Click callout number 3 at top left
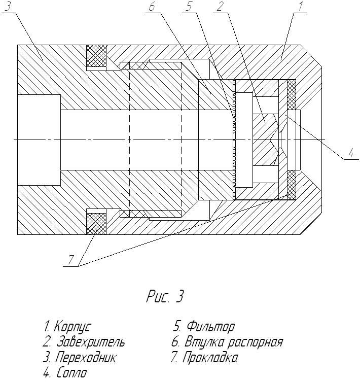point(8,6)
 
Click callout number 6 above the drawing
point(152,7)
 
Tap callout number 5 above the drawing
point(189,7)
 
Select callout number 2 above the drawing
point(220,7)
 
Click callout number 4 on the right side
point(351,153)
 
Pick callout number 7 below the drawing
point(70,260)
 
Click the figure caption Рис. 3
point(165,296)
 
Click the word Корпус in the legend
point(73,327)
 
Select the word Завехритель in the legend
point(91,341)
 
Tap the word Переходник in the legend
point(86,358)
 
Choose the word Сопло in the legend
point(72,373)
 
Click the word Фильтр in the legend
point(210,327)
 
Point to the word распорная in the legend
point(256,342)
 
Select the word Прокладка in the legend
point(210,358)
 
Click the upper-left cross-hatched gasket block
point(96,55)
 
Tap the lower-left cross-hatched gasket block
point(96,224)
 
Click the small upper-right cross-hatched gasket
point(292,94)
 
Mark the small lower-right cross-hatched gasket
point(292,185)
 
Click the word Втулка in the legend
point(205,341)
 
